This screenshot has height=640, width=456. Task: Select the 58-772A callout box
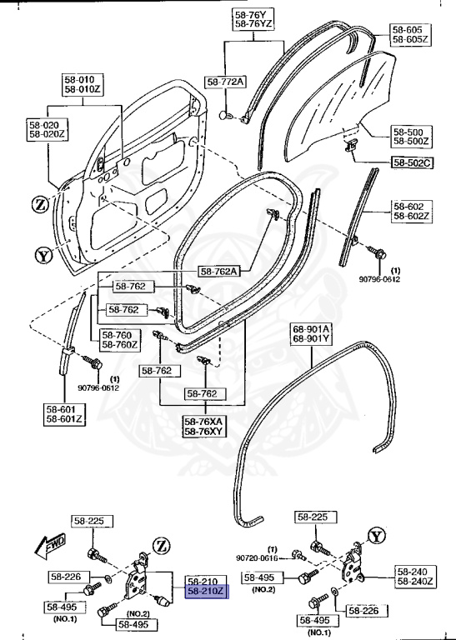click(226, 81)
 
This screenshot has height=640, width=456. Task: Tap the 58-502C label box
click(411, 162)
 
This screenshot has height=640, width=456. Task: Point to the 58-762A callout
click(219, 271)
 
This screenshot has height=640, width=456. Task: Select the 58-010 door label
click(79, 81)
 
